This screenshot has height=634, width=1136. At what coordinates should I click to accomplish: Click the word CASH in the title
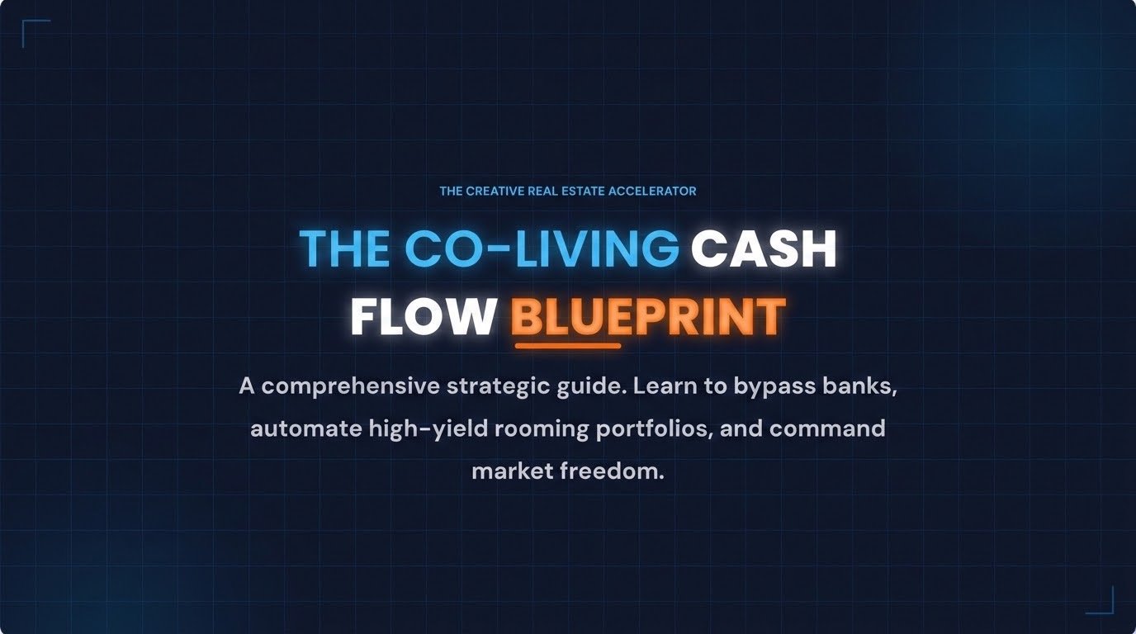[x=764, y=248]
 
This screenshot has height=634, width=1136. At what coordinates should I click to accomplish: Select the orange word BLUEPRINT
[x=648, y=316]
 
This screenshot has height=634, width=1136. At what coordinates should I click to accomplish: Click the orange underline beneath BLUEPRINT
[x=568, y=347]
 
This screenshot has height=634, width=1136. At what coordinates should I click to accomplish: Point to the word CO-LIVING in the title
[x=542, y=248]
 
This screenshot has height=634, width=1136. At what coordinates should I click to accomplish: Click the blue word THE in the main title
[x=345, y=248]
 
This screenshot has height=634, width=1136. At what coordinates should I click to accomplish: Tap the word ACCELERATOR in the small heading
[x=652, y=192]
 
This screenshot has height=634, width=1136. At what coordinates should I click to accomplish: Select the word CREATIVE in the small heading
[x=495, y=192]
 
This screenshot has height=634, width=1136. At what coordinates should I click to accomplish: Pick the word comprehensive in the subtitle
[x=350, y=386]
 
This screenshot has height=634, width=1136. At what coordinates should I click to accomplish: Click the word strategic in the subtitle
[x=498, y=386]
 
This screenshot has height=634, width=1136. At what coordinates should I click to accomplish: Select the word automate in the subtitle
[x=306, y=429]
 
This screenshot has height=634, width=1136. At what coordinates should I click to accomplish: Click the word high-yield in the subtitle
[x=428, y=430]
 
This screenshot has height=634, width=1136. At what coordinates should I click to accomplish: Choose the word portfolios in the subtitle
[x=654, y=430]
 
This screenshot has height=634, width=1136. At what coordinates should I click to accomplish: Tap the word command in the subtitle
[x=828, y=429]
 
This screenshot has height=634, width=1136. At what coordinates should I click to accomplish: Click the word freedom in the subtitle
[x=612, y=471]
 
